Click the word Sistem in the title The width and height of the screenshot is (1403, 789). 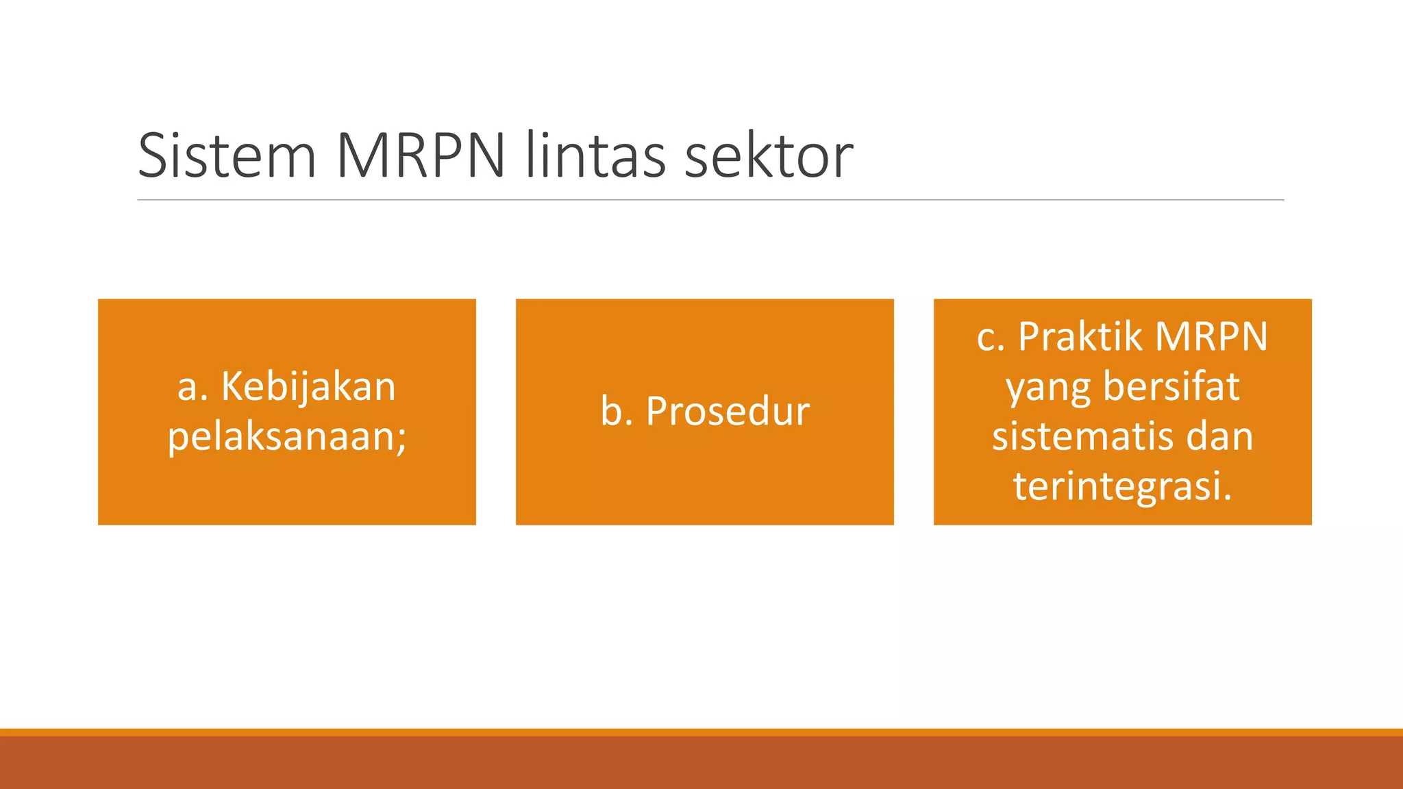coord(227,155)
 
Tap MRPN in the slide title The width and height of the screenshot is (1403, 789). coord(421,155)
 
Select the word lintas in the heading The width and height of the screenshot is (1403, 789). coord(595,155)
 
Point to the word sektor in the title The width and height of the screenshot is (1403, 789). coord(769,155)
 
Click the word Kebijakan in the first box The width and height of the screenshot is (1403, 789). coord(308,387)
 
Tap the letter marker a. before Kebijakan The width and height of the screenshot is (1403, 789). coord(193,388)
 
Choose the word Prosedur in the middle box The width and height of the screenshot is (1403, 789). coord(728,412)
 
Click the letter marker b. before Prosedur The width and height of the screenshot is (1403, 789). coord(616,412)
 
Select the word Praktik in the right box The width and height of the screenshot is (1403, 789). coord(1080,337)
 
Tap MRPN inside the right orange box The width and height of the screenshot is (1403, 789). coord(1211,337)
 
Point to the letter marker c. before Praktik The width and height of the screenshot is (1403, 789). coord(990,338)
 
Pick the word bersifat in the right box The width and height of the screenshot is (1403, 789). coord(1171,387)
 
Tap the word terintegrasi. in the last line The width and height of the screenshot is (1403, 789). coord(1122,487)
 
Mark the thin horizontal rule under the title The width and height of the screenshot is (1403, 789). coord(710,200)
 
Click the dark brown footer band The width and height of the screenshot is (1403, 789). coord(701,763)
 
